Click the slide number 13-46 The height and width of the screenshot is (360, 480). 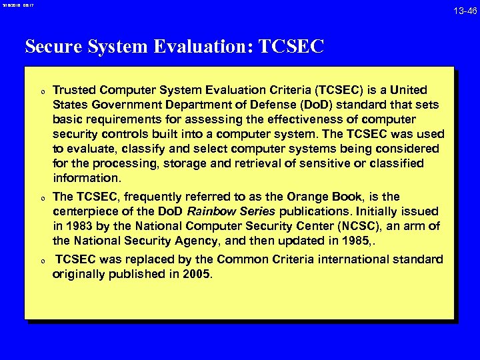coord(465,11)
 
